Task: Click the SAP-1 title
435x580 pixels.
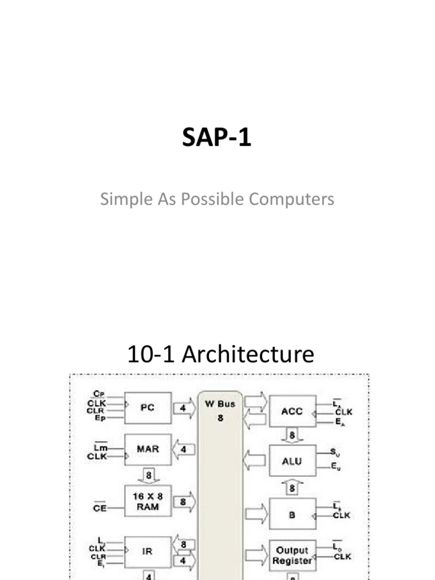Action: click(216, 138)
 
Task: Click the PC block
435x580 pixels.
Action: click(147, 407)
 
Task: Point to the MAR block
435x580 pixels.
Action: click(147, 450)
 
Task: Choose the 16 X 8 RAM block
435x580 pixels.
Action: click(146, 501)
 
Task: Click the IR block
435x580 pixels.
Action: click(147, 551)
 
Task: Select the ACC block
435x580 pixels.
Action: click(292, 411)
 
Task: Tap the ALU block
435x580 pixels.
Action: click(292, 460)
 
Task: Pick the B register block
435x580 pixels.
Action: click(292, 515)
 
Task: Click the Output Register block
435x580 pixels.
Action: click(292, 556)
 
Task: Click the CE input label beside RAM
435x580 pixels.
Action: click(100, 508)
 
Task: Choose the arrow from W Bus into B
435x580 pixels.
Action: click(257, 515)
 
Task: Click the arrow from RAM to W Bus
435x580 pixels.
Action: click(184, 502)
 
